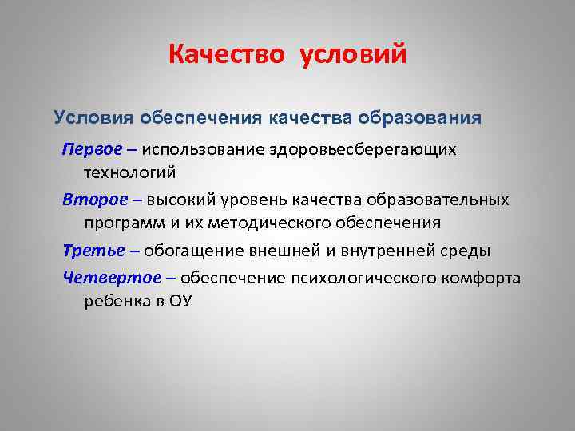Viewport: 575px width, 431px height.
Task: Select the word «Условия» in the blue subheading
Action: pos(94,118)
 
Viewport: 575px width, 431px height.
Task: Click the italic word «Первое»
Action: pos(91,150)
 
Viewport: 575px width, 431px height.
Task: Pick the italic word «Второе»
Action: pos(92,199)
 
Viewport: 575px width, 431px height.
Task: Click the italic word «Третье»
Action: pos(93,251)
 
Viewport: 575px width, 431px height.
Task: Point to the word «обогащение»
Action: pos(188,251)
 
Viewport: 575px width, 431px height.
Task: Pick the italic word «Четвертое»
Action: pos(105,278)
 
